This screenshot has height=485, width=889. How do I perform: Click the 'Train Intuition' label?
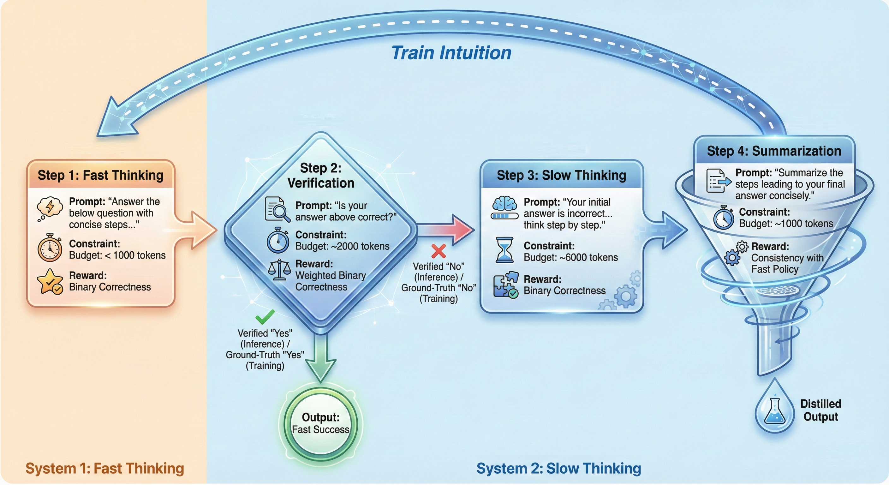(451, 53)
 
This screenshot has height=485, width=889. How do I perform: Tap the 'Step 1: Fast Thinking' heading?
(100, 175)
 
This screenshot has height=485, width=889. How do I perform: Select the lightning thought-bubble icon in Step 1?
(50, 208)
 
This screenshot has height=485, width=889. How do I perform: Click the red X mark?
(439, 251)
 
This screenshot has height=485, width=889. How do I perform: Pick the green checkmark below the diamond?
(265, 316)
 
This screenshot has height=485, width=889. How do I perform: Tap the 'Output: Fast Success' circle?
(321, 424)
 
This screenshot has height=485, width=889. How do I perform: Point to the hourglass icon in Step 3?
(504, 250)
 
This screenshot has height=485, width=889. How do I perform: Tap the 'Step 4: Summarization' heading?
(774, 151)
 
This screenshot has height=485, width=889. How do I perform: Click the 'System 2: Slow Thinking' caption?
(559, 469)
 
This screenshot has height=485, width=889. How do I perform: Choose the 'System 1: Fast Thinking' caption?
(104, 469)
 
